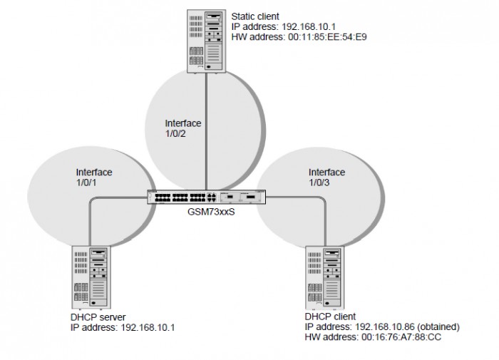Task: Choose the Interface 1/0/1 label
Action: coord(94,178)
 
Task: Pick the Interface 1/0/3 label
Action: coord(326,178)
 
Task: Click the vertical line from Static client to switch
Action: coord(206,128)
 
